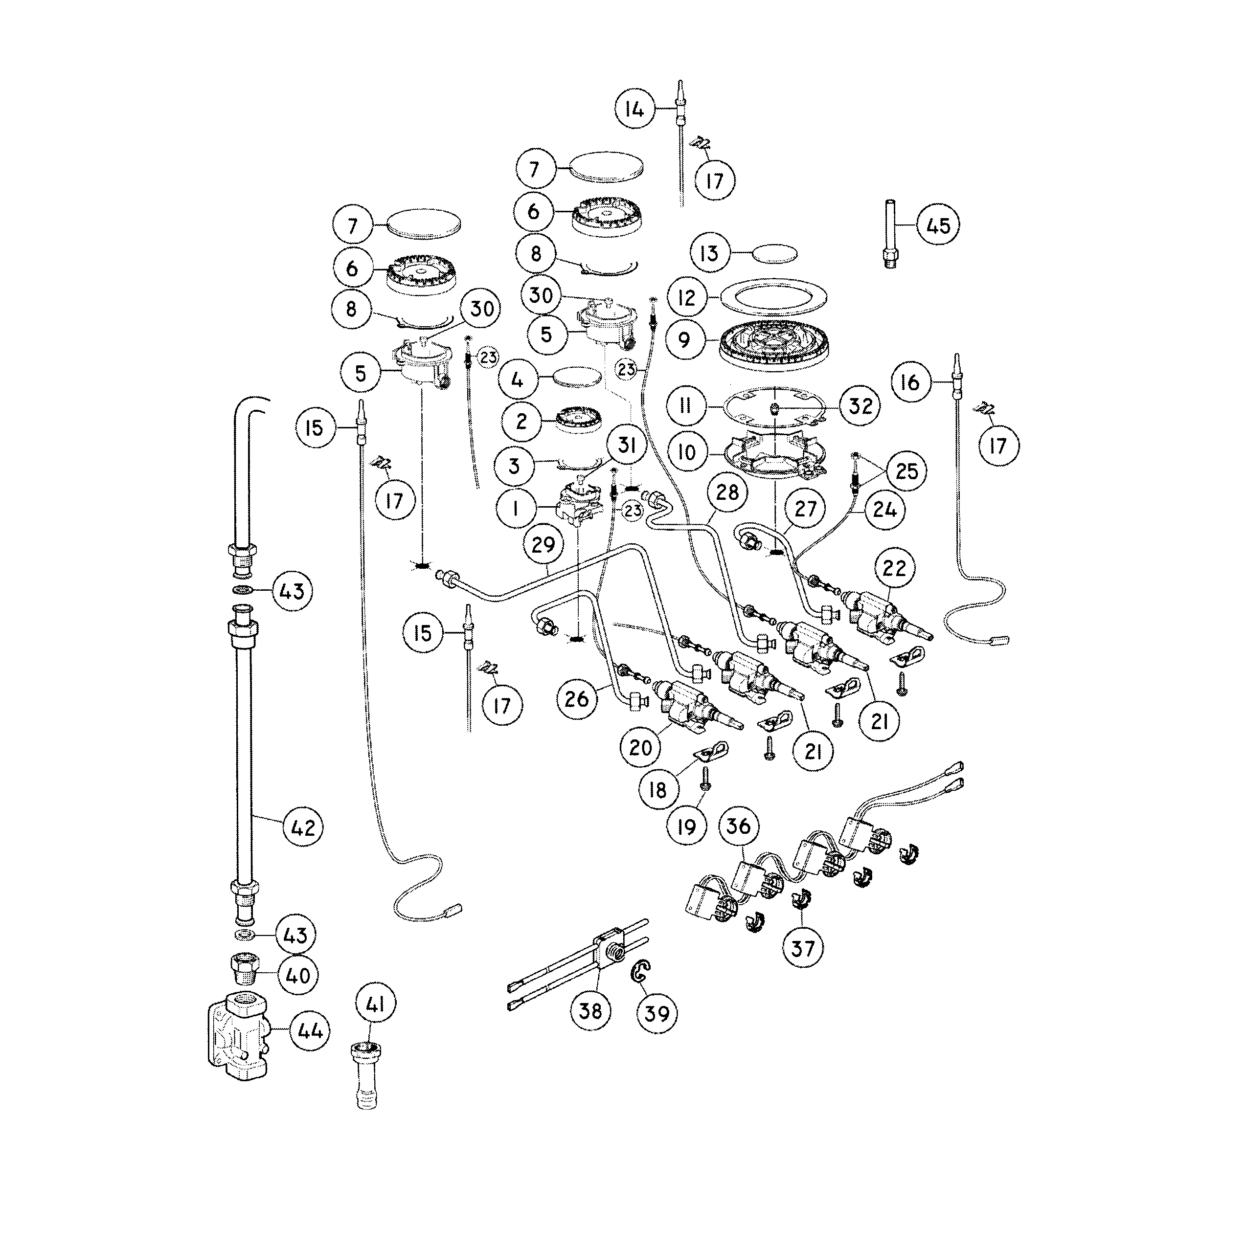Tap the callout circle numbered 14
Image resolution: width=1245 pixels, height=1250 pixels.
click(634, 110)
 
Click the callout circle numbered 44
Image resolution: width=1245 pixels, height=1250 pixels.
click(309, 1031)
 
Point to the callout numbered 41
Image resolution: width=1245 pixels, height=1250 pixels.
click(375, 1005)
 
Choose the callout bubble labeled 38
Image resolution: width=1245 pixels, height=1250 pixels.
click(590, 1010)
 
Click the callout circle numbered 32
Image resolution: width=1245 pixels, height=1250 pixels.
click(860, 406)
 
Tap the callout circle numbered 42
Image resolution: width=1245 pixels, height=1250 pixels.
click(303, 827)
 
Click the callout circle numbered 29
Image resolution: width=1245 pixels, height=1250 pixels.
click(543, 545)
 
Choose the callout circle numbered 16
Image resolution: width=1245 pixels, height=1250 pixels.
click(909, 382)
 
